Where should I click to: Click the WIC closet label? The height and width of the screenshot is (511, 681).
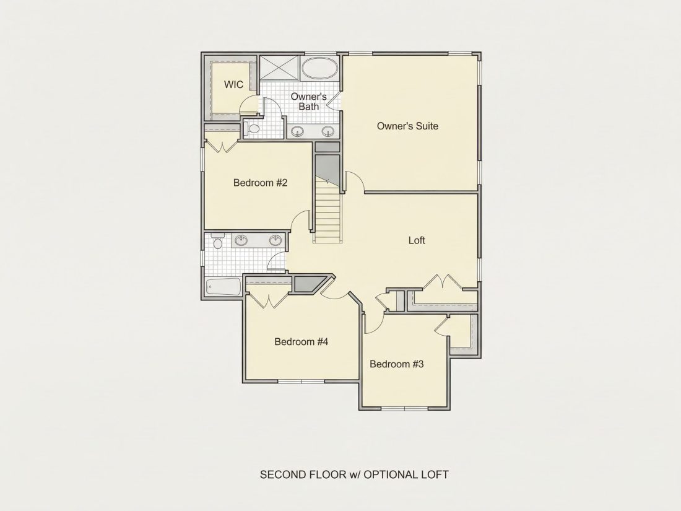tap(233, 84)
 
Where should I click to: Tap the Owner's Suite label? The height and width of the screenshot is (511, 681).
tap(407, 126)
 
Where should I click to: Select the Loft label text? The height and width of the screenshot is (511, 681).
tap(417, 240)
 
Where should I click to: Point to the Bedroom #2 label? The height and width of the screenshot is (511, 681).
tap(260, 183)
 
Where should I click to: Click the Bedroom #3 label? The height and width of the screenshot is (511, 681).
tap(396, 364)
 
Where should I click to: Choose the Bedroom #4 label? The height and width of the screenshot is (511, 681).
tap(301, 341)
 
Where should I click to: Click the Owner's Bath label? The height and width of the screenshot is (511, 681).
tap(309, 101)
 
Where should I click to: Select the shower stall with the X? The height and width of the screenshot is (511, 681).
tap(279, 68)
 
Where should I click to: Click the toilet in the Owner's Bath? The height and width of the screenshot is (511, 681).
tap(251, 129)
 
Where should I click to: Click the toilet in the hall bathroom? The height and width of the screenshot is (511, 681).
tap(217, 242)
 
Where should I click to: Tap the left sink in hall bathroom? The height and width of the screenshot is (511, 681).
tap(241, 240)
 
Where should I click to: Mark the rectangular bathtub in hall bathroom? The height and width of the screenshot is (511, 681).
tap(223, 287)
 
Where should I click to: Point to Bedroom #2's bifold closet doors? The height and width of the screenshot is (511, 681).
tap(222, 146)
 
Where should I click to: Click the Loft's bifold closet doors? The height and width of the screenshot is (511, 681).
tap(443, 281)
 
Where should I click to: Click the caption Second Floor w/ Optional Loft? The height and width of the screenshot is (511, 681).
tap(354, 474)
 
